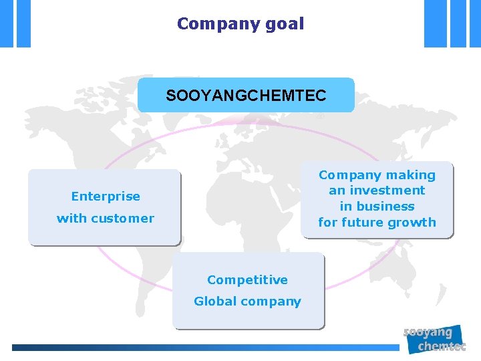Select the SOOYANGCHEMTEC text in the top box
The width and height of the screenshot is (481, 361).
pos(246,96)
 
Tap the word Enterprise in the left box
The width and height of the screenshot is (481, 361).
pos(106,197)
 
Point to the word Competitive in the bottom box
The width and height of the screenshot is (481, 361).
pos(247,280)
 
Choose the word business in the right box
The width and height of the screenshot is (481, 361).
pos(386,207)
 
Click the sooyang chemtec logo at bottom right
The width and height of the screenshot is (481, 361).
pos(435,339)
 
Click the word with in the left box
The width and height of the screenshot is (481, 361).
pos(69,219)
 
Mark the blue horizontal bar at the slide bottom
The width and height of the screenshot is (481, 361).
pos(200,348)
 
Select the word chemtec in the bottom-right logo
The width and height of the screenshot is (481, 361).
pos(442,346)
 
